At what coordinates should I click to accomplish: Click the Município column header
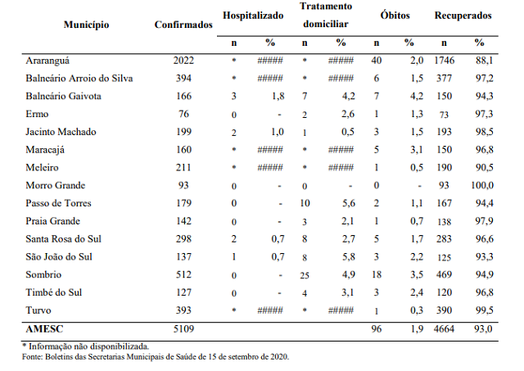point(86,25)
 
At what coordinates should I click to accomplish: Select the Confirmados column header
point(183,25)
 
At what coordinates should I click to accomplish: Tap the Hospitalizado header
point(253,16)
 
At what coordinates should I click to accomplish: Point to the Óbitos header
point(395,16)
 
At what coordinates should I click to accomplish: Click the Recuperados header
point(463,16)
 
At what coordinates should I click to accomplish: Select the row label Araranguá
point(47,61)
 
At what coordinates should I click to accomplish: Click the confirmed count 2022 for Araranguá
point(183,61)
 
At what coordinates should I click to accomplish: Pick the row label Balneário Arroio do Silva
point(79,79)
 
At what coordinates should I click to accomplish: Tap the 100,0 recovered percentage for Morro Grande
point(482,185)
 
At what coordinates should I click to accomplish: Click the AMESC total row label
point(44,329)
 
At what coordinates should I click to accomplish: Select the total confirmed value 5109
point(183,329)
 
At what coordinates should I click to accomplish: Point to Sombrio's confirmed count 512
point(183,274)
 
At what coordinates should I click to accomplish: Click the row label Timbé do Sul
point(54,292)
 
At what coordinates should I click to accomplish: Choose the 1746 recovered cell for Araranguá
point(445,61)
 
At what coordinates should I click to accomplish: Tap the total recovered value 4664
point(444,329)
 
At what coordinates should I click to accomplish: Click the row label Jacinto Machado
point(61,132)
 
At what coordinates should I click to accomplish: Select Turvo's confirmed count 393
point(183,310)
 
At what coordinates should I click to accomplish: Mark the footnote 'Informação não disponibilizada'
point(88,346)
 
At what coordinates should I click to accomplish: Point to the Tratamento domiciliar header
point(326,16)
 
